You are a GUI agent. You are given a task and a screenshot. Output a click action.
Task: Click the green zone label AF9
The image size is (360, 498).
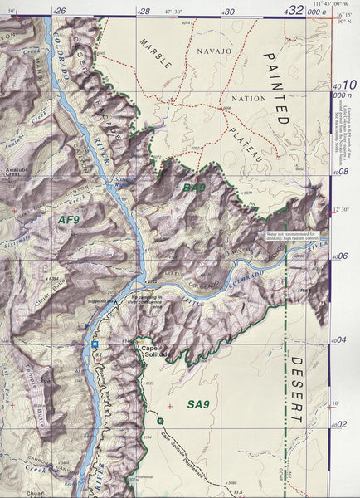[69, 220]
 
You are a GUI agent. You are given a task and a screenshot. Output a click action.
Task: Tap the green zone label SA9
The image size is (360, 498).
[199, 404]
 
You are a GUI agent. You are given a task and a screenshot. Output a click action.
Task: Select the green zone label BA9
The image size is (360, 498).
[194, 189]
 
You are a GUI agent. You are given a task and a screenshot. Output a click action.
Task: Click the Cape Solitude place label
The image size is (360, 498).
[154, 351]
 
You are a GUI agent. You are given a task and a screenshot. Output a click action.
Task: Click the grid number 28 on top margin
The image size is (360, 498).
[144, 11]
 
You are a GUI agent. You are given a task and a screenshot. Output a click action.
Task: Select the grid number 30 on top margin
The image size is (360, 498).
[229, 11]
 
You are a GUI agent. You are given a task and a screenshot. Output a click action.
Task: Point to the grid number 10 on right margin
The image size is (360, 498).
[348, 85]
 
